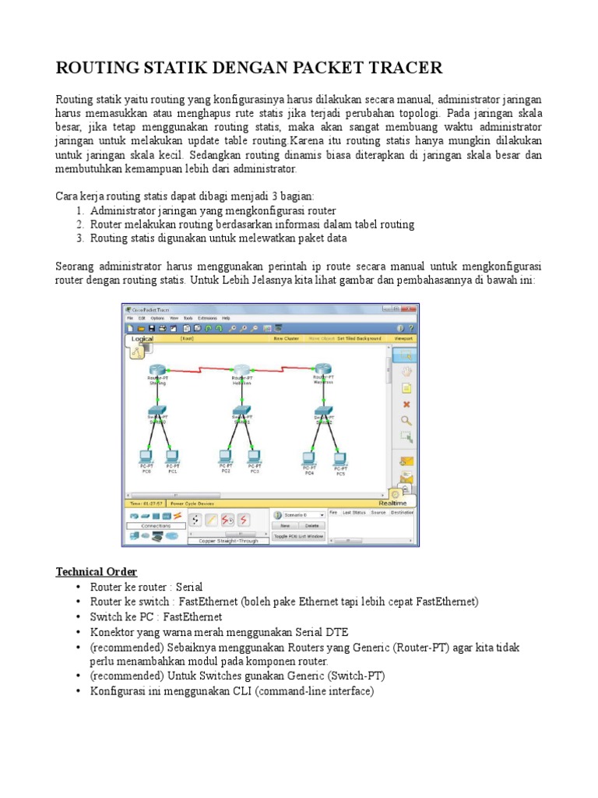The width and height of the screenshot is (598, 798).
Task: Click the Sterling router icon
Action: pyautogui.click(x=158, y=369)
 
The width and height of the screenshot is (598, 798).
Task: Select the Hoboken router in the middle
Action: pyautogui.click(x=242, y=369)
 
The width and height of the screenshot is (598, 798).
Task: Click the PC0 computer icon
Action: pyautogui.click(x=145, y=455)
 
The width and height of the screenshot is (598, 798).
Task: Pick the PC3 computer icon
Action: pyautogui.click(x=254, y=455)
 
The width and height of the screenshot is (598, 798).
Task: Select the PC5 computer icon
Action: pyautogui.click(x=340, y=457)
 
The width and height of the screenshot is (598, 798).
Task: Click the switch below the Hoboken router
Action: pyautogui.click(x=242, y=410)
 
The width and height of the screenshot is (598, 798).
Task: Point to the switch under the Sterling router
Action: pyautogui.click(x=158, y=410)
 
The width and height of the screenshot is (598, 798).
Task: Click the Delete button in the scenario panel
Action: pyautogui.click(x=311, y=526)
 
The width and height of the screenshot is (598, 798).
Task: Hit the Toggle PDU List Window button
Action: pyautogui.click(x=298, y=536)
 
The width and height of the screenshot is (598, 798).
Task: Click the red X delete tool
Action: pyautogui.click(x=406, y=404)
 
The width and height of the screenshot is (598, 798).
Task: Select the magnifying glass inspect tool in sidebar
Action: pyautogui.click(x=406, y=421)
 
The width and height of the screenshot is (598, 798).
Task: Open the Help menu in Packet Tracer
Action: pyautogui.click(x=226, y=318)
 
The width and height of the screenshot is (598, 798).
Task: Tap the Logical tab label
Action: pyautogui.click(x=142, y=339)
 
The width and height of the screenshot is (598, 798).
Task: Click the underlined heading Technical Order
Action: pyautogui.click(x=97, y=572)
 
